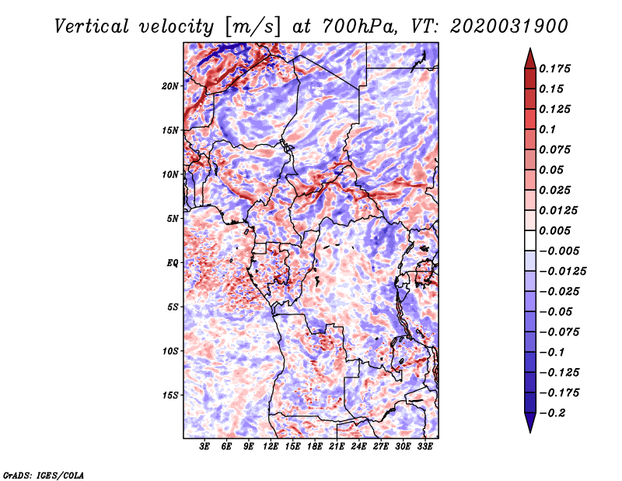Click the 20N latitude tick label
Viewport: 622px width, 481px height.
pyautogui.click(x=170, y=86)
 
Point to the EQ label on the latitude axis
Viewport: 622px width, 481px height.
pyautogui.click(x=173, y=263)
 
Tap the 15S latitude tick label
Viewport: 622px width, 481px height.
pyautogui.click(x=170, y=395)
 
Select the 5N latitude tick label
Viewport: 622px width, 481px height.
pyautogui.click(x=173, y=219)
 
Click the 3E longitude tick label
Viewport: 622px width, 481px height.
pyautogui.click(x=204, y=447)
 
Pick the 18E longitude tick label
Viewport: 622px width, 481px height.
pyautogui.click(x=315, y=447)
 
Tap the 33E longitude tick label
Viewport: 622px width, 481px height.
pyautogui.click(x=425, y=447)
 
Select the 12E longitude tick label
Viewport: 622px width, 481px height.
pyautogui.click(x=271, y=447)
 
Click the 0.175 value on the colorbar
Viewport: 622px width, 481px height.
pyautogui.click(x=554, y=68)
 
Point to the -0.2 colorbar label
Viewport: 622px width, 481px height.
pyautogui.click(x=552, y=413)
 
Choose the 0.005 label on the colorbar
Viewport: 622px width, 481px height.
pyautogui.click(x=554, y=230)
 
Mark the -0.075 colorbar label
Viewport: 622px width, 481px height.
pyautogui.click(x=559, y=332)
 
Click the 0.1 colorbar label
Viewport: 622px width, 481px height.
pyautogui.click(x=547, y=129)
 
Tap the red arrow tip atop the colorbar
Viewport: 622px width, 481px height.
pyautogui.click(x=530, y=49)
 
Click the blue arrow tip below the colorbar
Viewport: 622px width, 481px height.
pyautogui.click(x=530, y=432)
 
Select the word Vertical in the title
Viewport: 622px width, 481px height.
pyautogui.click(x=91, y=26)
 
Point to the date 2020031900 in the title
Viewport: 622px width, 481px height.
pyautogui.click(x=509, y=26)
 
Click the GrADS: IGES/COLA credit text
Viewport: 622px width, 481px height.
pyautogui.click(x=44, y=476)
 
